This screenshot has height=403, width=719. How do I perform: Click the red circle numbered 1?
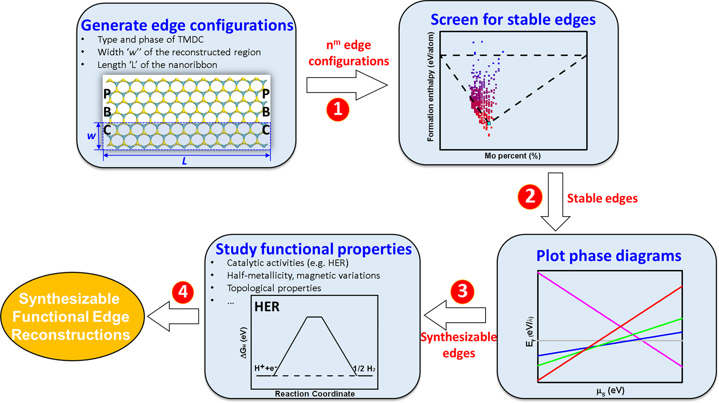tap(338, 110)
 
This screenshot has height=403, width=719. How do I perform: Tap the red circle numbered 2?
tap(529, 197)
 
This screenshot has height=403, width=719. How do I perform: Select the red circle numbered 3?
tap(462, 291)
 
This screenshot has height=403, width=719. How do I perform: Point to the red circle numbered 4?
tap(183, 292)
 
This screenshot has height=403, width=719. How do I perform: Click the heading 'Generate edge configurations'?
tap(187, 25)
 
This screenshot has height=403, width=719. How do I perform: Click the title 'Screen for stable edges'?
tap(513, 19)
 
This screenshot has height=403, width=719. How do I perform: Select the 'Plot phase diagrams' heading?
tap(608, 256)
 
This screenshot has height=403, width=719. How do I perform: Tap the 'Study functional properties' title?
tap(313, 249)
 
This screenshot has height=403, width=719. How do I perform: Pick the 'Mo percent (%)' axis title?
tap(512, 156)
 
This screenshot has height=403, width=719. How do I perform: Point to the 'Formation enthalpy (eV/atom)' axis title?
tap(430, 87)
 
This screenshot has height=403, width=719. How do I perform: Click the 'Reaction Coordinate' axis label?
tap(314, 394)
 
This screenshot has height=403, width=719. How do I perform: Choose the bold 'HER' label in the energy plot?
tap(267, 306)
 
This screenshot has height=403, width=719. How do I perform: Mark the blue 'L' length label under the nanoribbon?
tap(185, 161)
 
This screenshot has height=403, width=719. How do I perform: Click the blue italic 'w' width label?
tap(91, 136)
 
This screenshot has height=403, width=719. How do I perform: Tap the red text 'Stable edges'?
tap(602, 198)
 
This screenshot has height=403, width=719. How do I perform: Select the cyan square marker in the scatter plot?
tap(489, 123)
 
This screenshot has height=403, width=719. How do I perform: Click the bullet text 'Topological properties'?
tap(274, 288)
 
